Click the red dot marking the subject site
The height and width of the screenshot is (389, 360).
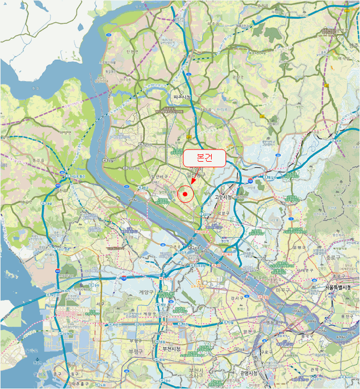(x=185, y=194)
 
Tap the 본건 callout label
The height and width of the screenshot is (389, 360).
(x=204, y=158)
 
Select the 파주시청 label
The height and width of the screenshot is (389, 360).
(x=182, y=97)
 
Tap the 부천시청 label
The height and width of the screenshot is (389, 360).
(x=172, y=348)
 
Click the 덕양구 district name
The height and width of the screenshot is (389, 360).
(x=223, y=212)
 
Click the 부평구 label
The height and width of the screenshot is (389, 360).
(x=135, y=351)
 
